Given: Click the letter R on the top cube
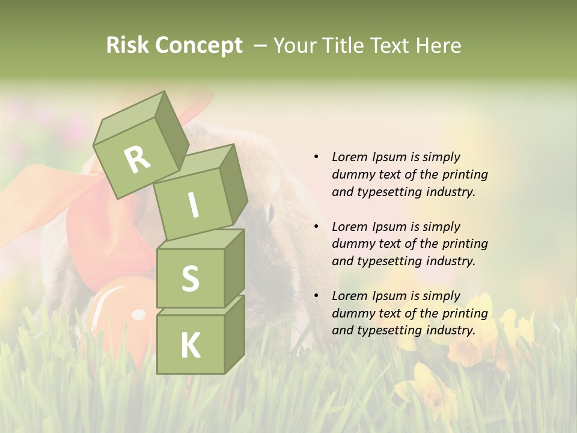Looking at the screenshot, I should click(x=137, y=159).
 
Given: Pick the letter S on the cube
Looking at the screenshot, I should click(x=190, y=278).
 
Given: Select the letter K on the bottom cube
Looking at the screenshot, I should click(x=190, y=346).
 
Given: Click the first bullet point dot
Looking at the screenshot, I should click(x=316, y=157).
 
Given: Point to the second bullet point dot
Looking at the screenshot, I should click(x=316, y=227).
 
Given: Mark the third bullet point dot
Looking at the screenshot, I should click(x=316, y=296).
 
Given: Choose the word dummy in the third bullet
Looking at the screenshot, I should click(x=352, y=313).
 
